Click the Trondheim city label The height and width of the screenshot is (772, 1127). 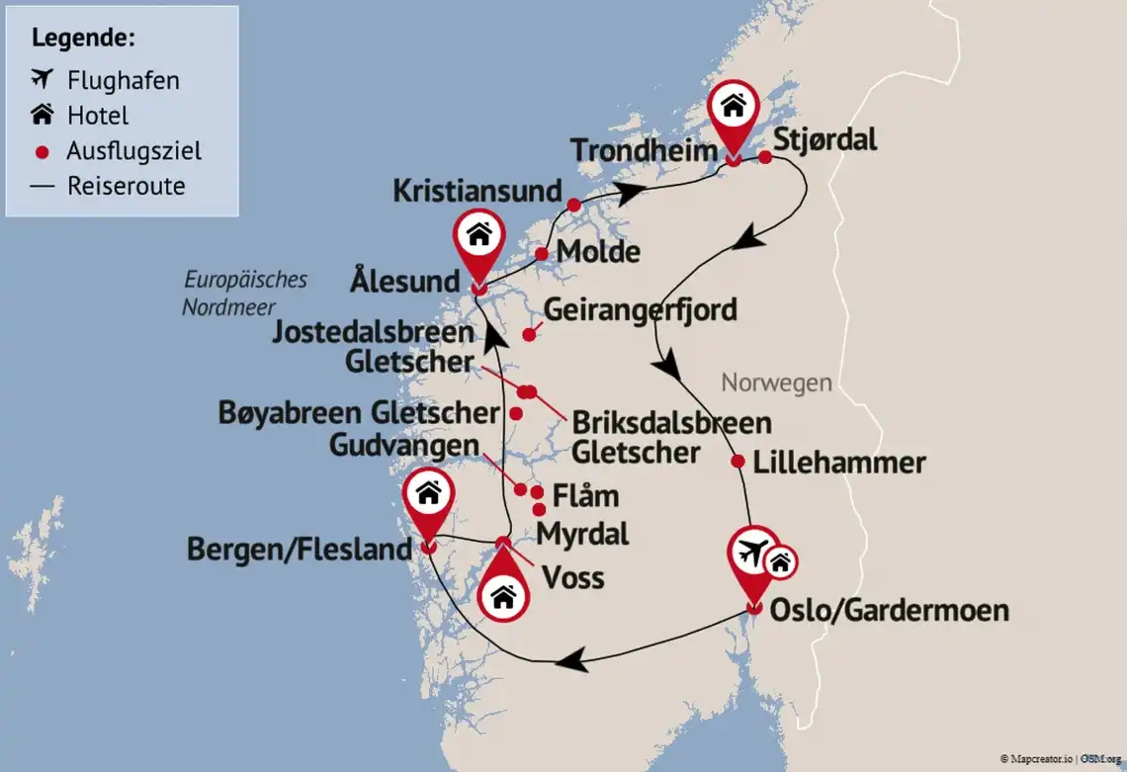point(643,151)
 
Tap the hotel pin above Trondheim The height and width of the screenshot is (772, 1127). point(734,107)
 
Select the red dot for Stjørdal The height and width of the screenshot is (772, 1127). point(765,156)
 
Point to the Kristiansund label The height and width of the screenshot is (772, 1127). point(477,191)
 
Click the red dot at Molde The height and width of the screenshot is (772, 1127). point(542,254)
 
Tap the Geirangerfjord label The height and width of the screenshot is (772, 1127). point(641,309)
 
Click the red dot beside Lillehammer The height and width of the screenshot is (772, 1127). point(737,461)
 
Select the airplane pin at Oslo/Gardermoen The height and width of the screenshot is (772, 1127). point(754,556)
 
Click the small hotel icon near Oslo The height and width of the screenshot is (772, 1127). point(781,562)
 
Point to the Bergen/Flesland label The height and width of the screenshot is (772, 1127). point(299,549)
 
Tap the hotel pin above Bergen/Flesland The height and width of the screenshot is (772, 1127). point(428,494)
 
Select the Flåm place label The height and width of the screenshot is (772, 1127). point(587,494)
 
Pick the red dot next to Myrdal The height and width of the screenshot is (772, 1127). point(539,510)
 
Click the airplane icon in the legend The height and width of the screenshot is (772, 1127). point(42,79)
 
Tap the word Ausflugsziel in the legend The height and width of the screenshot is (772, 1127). point(133,151)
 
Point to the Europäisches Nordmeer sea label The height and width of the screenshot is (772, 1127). point(245,293)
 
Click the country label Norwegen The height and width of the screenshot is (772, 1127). point(776,383)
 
